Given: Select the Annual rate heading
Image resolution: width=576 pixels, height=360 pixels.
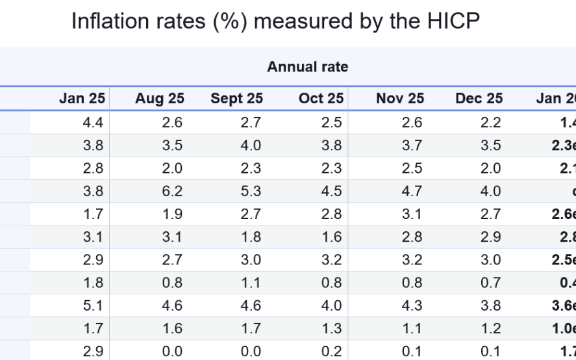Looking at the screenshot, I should [x=307, y=67].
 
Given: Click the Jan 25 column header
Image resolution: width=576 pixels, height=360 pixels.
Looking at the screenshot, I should [x=81, y=98].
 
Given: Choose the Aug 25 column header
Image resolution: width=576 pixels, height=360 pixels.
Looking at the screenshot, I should [x=159, y=98].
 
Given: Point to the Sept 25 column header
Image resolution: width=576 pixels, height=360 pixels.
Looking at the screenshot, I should [x=236, y=98].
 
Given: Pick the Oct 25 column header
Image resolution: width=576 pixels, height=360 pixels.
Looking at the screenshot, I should [x=321, y=98].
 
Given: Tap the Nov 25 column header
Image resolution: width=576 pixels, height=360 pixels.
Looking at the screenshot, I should [x=399, y=98].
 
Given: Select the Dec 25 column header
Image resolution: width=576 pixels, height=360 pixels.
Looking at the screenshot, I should [x=479, y=98].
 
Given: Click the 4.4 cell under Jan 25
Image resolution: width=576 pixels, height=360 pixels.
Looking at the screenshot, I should [x=93, y=123].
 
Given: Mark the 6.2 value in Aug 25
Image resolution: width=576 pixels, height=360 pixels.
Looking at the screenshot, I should [x=172, y=191].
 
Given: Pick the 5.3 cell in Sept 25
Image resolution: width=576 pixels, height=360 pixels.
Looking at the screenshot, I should [x=251, y=191].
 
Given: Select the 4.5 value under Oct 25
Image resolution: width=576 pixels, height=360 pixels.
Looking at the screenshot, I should [x=331, y=191].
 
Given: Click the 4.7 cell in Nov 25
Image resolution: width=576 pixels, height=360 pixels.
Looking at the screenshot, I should [x=412, y=191].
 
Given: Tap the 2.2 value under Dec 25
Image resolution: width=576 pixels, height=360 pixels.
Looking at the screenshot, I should [x=490, y=123].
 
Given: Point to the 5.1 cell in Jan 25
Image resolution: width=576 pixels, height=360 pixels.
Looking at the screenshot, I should [x=93, y=305].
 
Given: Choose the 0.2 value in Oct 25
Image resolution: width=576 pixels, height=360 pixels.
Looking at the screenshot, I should [x=331, y=351].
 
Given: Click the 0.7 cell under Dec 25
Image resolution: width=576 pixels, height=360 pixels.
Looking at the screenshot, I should [x=490, y=283].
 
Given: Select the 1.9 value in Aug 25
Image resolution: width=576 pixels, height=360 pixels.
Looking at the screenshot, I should [x=172, y=214].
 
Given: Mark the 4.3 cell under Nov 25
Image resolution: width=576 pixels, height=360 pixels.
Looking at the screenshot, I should [x=412, y=305].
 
